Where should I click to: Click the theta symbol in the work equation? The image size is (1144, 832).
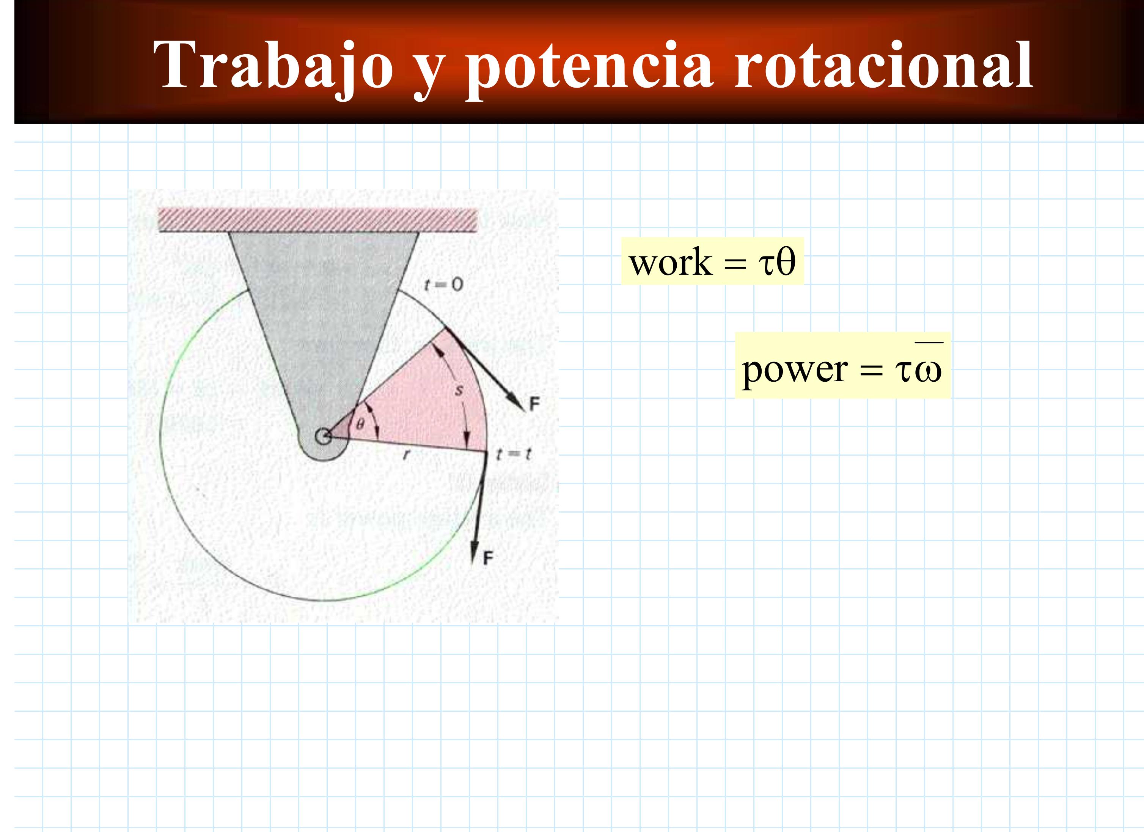(x=786, y=261)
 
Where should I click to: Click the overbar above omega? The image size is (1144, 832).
(x=929, y=343)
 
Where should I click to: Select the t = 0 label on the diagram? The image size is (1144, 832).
(x=443, y=285)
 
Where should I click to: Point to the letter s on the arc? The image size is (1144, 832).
(x=459, y=390)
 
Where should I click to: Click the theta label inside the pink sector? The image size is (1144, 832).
(x=360, y=424)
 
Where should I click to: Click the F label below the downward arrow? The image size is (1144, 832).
(x=488, y=558)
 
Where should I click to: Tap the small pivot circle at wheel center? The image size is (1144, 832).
(x=323, y=436)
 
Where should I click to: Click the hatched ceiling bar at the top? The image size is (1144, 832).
(x=318, y=220)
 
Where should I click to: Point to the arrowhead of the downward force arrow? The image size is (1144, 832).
(x=475, y=550)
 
